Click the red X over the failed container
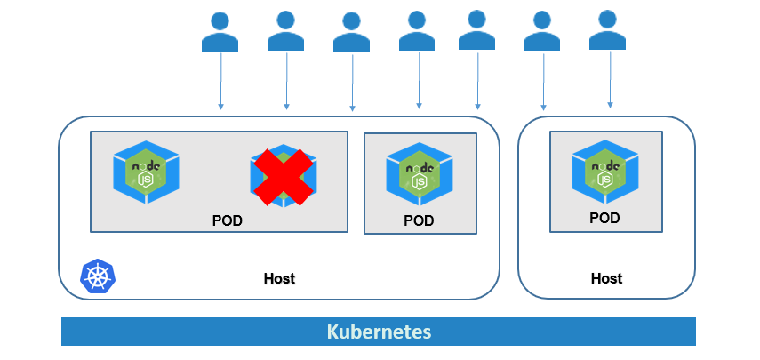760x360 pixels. pos(284,175)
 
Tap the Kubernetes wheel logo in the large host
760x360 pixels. pos(97,276)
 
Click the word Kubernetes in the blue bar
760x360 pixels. pos(379,332)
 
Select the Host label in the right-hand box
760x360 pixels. pos(606,278)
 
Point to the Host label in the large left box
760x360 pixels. pos(279,278)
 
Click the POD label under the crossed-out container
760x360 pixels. pos(227,220)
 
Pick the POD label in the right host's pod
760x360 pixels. pos(604,218)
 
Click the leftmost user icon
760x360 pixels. pos(220,31)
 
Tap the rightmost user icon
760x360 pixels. pos(609,30)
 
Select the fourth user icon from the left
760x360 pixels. pos(418,31)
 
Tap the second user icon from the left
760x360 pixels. pos(286,31)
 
